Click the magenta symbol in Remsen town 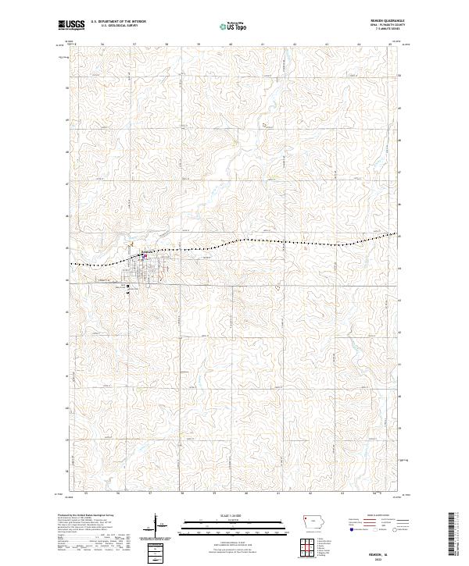[145, 255]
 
